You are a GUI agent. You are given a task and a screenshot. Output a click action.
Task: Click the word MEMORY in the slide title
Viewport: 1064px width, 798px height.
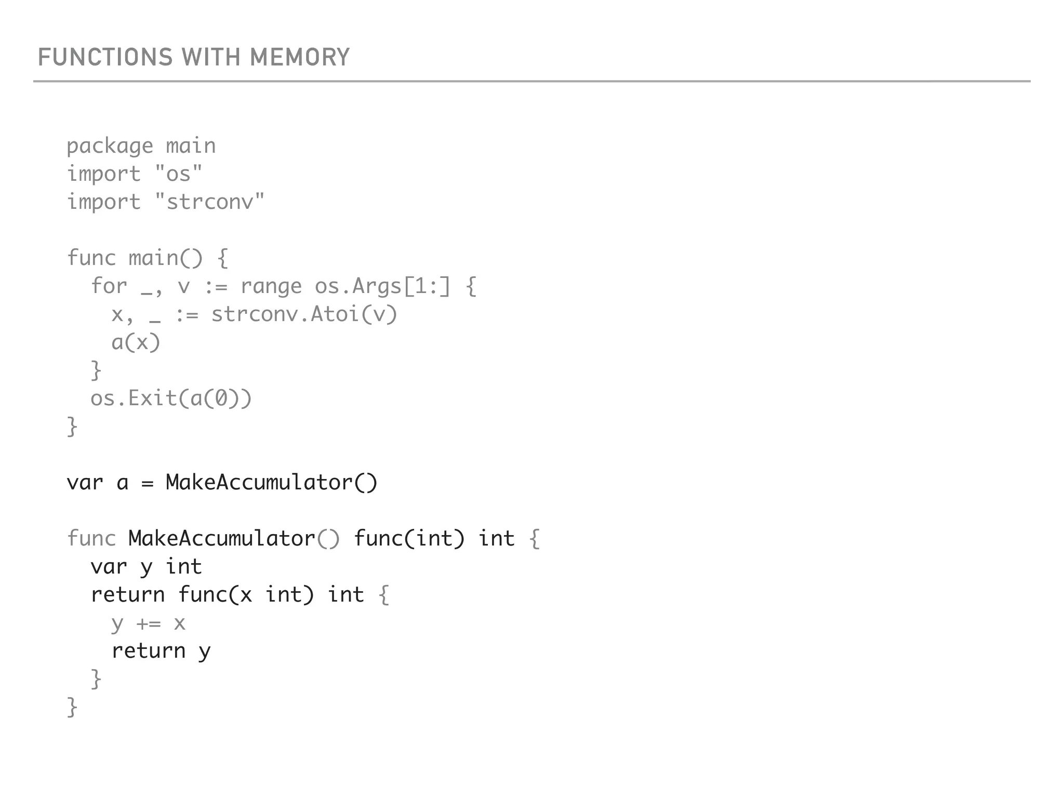[300, 57]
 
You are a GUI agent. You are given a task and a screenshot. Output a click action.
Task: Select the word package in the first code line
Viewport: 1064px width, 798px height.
[110, 147]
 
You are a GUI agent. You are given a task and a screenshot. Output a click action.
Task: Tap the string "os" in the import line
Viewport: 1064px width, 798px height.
[178, 174]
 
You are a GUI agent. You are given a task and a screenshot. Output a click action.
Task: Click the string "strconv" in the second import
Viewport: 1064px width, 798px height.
[209, 202]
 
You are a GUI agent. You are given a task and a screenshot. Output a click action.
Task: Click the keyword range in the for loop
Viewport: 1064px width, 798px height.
[271, 286]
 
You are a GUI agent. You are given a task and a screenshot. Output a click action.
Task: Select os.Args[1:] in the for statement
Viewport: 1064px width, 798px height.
[382, 286]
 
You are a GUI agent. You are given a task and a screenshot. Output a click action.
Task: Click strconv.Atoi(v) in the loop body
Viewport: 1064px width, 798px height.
[304, 314]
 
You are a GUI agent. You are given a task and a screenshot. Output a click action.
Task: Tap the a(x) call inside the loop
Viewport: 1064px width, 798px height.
[136, 342]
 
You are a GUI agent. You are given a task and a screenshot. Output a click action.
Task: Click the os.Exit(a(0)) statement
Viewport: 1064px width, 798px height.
[171, 398]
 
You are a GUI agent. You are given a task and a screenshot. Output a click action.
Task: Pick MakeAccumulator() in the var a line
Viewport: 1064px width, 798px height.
[271, 483]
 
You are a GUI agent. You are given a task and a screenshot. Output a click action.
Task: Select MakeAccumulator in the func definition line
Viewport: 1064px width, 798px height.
[222, 539]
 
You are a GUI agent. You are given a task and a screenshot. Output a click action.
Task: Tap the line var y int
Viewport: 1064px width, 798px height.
[146, 567]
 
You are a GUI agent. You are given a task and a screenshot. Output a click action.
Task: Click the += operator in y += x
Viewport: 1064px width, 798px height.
[149, 623]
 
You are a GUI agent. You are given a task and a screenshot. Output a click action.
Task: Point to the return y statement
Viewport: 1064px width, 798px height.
[161, 651]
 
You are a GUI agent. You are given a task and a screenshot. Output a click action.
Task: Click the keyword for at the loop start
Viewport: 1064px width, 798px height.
[109, 286]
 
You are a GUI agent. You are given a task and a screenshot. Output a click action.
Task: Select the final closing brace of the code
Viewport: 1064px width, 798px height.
[72, 708]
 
